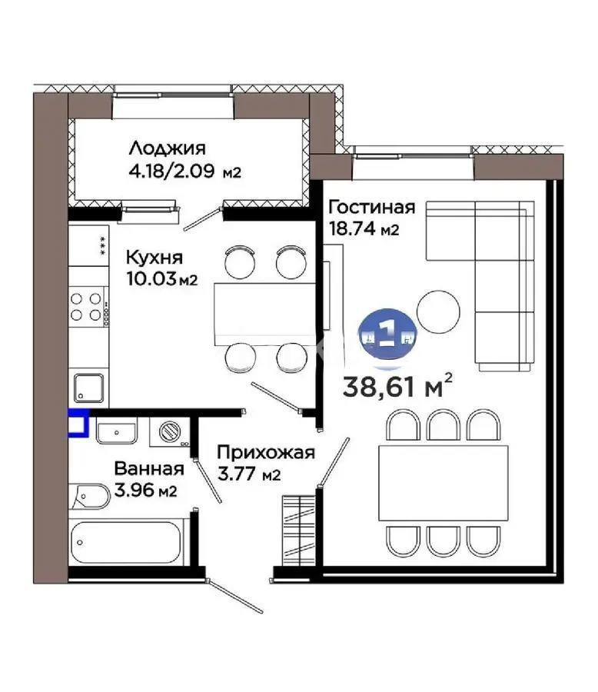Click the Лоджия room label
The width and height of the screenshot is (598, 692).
coord(167,148)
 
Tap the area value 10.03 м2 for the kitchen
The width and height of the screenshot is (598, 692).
coord(161,278)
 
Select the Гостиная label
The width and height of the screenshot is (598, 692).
coord(371,208)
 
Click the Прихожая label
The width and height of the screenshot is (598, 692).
coord(265,452)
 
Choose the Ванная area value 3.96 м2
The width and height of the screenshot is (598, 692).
coord(146,490)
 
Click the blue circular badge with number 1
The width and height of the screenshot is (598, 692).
coord(388,334)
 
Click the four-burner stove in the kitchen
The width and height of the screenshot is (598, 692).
coord(88,306)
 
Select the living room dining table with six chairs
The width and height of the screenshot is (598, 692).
coord(442,482)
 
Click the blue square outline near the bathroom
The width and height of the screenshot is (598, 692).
coord(79,424)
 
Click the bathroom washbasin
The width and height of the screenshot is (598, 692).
coord(115,430)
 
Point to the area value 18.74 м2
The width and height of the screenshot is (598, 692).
coord(364,229)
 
